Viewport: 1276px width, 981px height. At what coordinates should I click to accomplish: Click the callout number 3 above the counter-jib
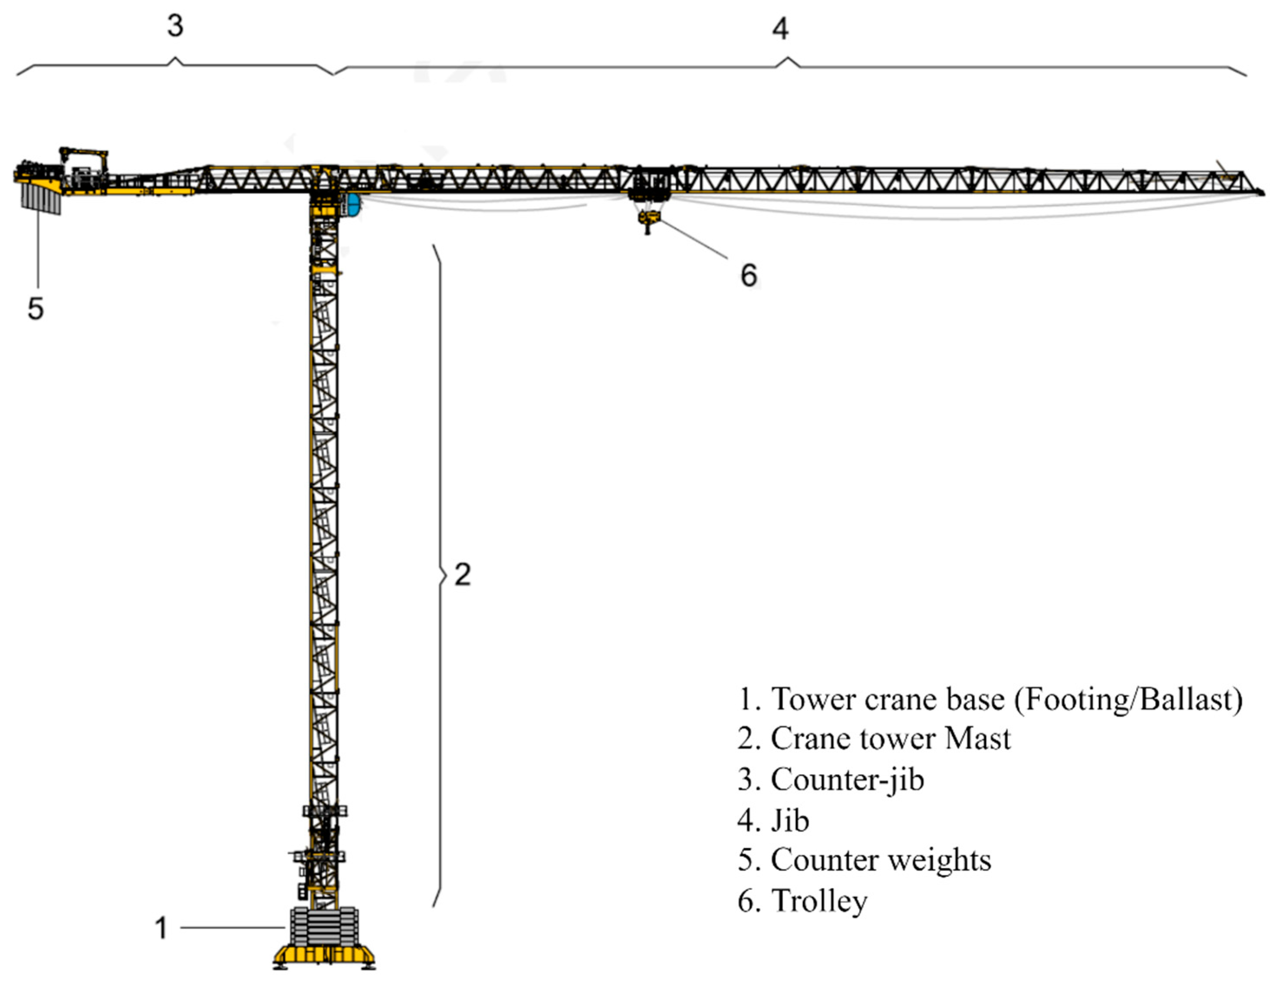175,26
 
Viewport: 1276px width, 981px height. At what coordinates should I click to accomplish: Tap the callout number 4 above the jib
780,29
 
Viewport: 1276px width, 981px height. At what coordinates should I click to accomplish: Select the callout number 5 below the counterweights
36,308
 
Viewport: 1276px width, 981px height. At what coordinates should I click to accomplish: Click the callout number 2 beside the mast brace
462,575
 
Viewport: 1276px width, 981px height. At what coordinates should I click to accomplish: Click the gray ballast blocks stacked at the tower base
323,926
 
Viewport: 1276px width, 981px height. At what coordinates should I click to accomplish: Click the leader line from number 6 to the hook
694,240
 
